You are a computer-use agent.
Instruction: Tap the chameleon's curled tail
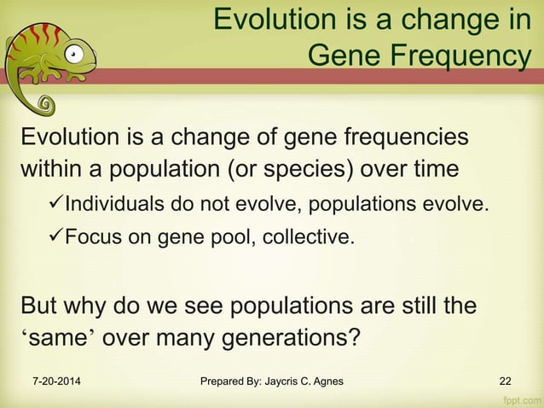point(44,106)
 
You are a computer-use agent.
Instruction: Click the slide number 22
point(506,381)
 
